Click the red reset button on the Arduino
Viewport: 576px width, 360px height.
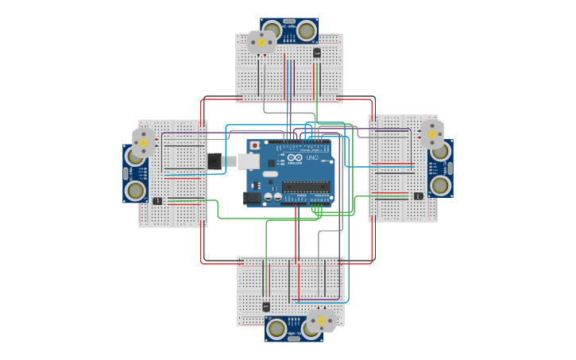point(255,146)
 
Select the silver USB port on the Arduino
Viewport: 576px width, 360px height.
point(248,161)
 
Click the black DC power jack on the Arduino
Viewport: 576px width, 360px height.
point(252,197)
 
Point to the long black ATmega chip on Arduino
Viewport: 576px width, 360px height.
point(306,187)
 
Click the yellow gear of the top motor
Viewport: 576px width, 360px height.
point(261,42)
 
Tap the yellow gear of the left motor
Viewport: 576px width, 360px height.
point(144,143)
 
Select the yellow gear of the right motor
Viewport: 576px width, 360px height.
point(432,134)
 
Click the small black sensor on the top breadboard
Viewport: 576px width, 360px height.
point(317,53)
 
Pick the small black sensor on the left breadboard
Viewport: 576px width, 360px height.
point(157,200)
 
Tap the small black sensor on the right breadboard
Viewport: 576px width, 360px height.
point(418,195)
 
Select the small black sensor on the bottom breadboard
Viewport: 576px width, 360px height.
point(265,307)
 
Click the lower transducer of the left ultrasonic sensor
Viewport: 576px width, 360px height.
point(135,190)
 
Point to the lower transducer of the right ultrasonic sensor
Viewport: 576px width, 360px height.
point(440,185)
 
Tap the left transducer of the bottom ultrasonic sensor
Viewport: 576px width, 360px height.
point(276,328)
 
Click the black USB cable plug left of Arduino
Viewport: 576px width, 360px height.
point(215,161)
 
